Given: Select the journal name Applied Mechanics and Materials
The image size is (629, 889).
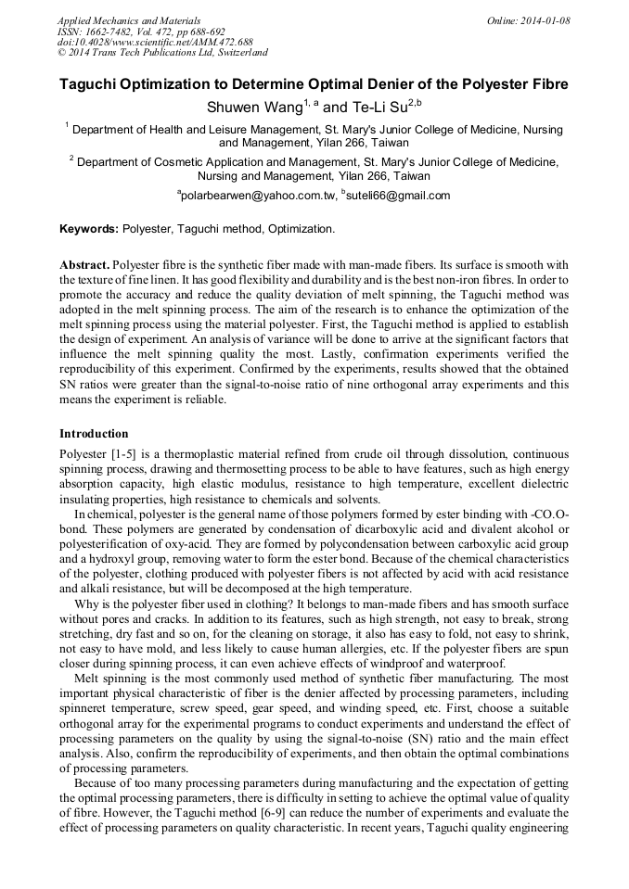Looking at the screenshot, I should [129, 20].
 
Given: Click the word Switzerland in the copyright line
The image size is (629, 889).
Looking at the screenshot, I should [237, 53].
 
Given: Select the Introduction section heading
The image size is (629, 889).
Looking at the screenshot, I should [94, 433].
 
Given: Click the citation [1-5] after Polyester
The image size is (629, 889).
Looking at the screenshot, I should [123, 455].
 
